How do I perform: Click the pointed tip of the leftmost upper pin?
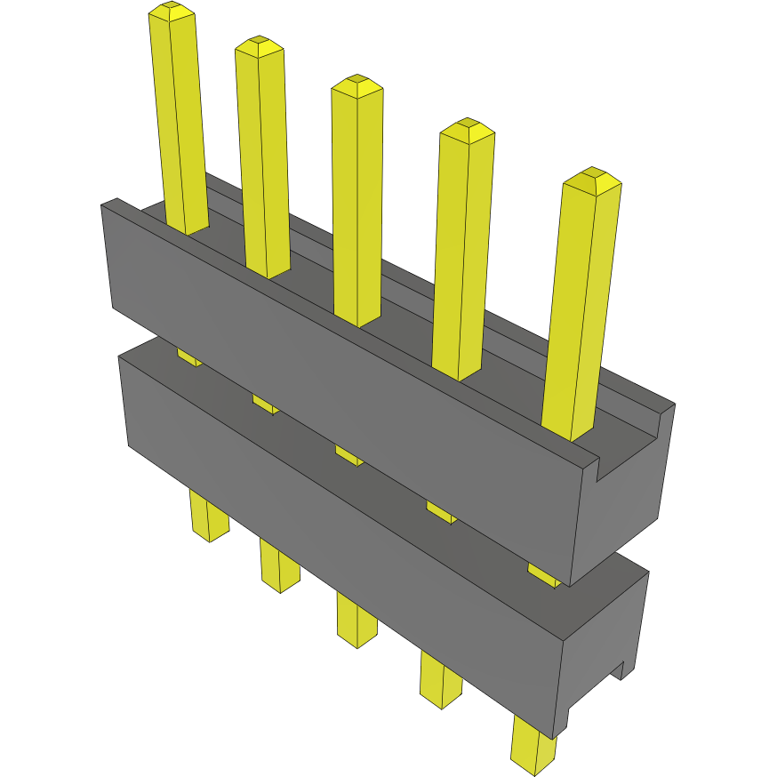(x=172, y=11)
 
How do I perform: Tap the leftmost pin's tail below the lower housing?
(x=209, y=519)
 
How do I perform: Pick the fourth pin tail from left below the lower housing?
(x=441, y=681)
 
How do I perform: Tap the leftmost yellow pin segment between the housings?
(x=188, y=356)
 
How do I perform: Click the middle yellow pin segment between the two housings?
(x=348, y=454)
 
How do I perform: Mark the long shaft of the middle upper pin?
(x=357, y=204)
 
